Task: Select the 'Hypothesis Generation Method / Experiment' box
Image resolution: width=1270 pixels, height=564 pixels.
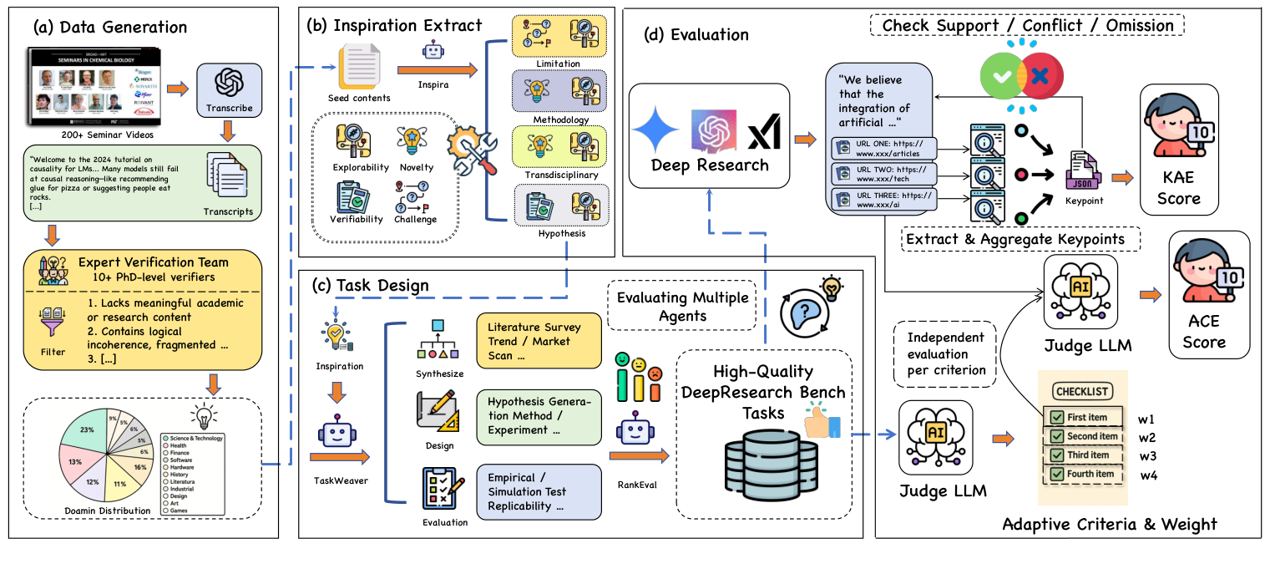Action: click(x=539, y=416)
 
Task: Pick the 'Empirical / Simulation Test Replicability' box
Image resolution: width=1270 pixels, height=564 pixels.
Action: click(x=539, y=491)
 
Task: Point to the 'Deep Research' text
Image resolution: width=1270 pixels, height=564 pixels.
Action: click(x=710, y=164)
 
